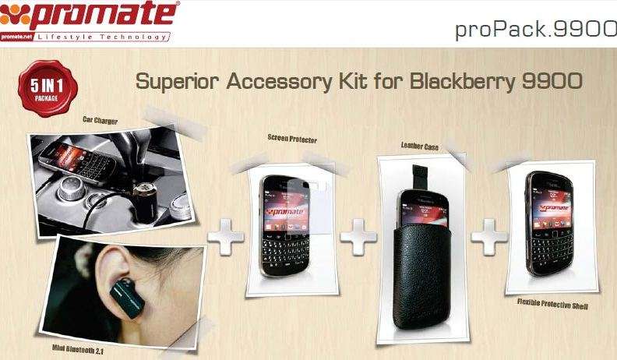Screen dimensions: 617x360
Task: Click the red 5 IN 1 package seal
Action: point(48,88)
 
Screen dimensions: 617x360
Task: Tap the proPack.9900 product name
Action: point(535,30)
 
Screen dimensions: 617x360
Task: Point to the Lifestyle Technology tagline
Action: point(101,37)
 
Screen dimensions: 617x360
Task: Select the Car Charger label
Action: point(100,119)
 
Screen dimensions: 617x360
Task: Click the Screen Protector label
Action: point(292,138)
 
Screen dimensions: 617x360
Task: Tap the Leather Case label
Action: point(419,146)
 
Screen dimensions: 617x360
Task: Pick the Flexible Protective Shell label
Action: point(552,303)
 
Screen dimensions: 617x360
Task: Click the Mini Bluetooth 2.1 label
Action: point(78,348)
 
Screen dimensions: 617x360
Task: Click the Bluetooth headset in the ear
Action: point(127,298)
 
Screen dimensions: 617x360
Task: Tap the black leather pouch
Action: point(421,275)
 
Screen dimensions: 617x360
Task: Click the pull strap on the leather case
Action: point(420,177)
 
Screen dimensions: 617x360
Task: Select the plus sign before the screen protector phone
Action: point(225,237)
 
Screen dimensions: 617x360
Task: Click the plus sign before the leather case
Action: point(358,237)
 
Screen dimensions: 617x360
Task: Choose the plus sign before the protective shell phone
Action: point(489,237)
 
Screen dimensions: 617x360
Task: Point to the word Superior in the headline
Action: point(178,82)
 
